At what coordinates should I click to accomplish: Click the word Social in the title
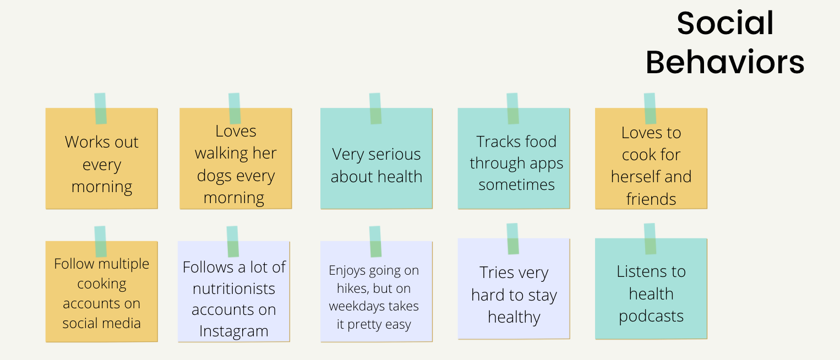(x=725, y=23)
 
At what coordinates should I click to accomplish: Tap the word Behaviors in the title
(x=725, y=62)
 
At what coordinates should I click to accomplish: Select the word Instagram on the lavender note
(x=233, y=331)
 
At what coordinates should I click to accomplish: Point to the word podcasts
(x=651, y=316)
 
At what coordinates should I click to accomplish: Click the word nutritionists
(x=233, y=289)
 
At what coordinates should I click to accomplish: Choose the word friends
(x=651, y=199)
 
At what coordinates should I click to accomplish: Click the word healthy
(x=514, y=318)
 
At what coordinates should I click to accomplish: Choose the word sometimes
(x=516, y=185)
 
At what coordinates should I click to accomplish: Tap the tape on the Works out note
(x=100, y=108)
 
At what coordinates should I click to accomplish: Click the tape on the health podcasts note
(x=650, y=238)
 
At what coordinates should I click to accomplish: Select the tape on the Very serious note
(x=375, y=108)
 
